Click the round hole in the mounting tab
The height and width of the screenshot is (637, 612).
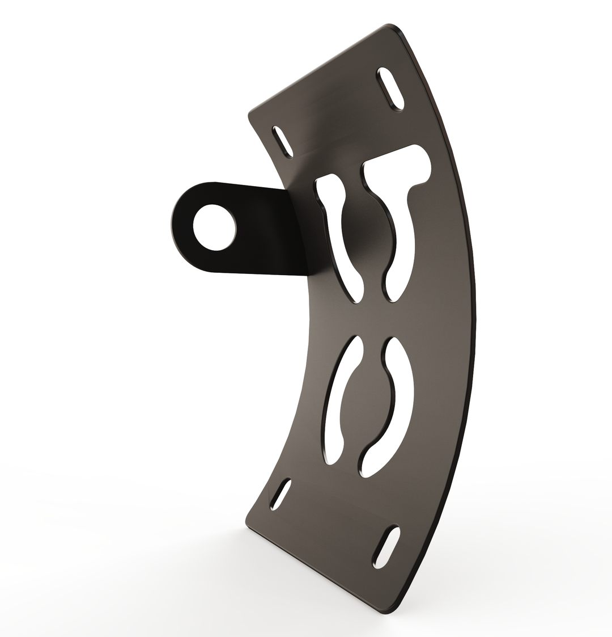(x=214, y=227)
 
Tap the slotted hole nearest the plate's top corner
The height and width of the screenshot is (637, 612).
(x=392, y=88)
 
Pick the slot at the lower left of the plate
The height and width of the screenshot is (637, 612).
(x=281, y=494)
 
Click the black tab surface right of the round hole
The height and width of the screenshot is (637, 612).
(x=266, y=233)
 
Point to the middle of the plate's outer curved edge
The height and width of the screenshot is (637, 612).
(x=475, y=318)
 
